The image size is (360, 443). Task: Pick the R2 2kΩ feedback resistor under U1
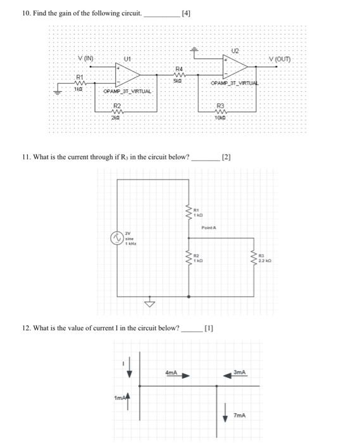(x=116, y=111)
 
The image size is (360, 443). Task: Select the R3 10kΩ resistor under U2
(x=221, y=111)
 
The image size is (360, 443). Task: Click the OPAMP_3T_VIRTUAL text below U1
(x=128, y=92)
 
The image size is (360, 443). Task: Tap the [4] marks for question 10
(x=185, y=12)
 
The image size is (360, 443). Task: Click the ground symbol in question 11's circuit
(x=151, y=303)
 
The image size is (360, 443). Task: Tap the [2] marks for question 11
(x=227, y=156)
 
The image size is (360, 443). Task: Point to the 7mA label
(x=239, y=415)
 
